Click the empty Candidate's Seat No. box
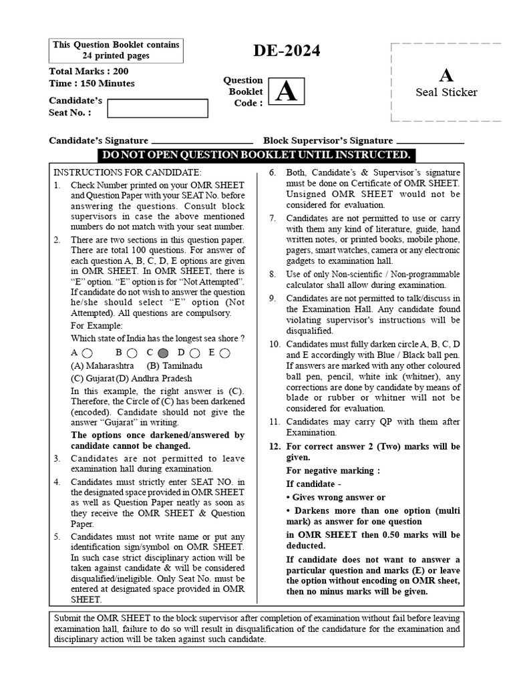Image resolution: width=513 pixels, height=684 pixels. (147, 108)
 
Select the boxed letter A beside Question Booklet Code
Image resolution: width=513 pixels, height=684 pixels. (286, 92)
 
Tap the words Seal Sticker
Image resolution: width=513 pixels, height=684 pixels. (446, 92)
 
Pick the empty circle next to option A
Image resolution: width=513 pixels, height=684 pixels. (88, 353)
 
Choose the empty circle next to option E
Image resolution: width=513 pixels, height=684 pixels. (224, 353)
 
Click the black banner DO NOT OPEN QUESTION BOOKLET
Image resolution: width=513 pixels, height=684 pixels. (256, 155)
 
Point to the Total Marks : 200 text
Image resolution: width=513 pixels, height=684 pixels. (89, 71)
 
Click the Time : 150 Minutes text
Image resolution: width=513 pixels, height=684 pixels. (92, 83)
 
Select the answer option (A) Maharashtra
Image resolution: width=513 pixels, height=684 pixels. (102, 366)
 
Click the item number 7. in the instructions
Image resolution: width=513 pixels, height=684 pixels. (273, 218)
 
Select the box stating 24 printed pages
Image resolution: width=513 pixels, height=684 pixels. (116, 50)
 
